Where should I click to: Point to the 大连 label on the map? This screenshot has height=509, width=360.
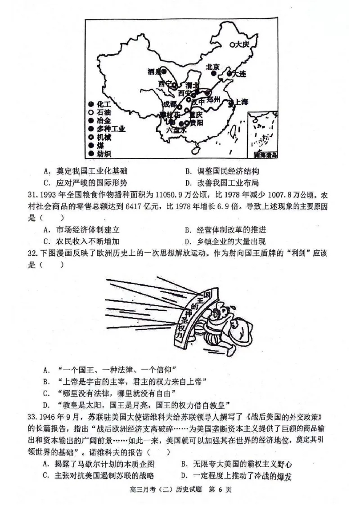(x=240, y=73)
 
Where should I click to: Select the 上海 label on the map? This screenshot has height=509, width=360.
(x=241, y=103)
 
